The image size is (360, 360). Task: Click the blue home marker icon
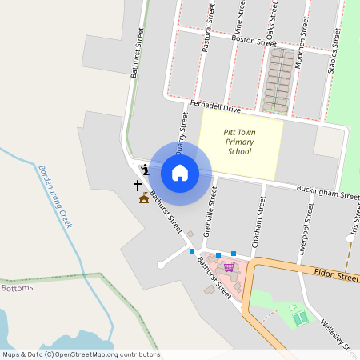click(180, 172)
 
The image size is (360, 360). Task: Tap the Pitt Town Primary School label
click(239, 141)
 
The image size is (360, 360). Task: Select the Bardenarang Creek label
click(55, 196)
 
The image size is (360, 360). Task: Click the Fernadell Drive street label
click(215, 107)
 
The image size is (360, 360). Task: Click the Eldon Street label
click(336, 274)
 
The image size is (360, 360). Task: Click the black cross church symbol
click(138, 185)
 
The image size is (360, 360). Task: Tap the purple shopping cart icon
click(230, 266)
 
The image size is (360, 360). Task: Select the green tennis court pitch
click(300, 318)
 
